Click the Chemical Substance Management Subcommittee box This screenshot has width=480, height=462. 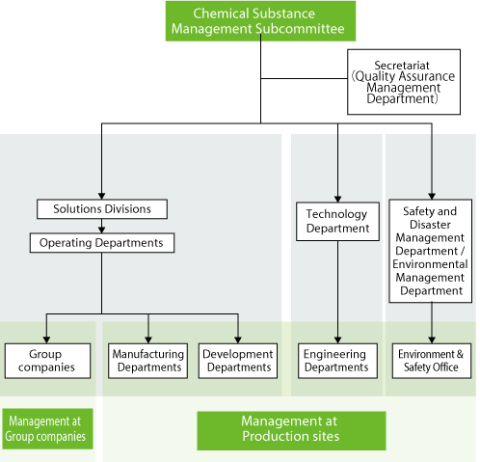[260, 21]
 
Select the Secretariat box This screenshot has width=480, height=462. [404, 82]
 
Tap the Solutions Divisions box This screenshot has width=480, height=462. [102, 209]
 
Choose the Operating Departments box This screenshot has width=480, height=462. [102, 243]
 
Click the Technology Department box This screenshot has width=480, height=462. [337, 221]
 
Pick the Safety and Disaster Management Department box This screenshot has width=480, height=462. [431, 251]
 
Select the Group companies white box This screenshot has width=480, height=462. [47, 361]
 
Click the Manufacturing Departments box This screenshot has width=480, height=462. [148, 361]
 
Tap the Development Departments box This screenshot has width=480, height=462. [238, 361]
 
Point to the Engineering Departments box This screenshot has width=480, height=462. [337, 361]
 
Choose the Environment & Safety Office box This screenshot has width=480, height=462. [432, 361]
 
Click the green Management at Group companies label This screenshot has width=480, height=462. [47, 429]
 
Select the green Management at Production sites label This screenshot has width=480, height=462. [291, 430]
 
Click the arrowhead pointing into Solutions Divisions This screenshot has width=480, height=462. [102, 196]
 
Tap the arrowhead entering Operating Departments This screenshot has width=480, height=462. [102, 230]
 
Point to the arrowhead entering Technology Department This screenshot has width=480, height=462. [337, 199]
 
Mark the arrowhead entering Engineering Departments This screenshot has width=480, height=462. [337, 340]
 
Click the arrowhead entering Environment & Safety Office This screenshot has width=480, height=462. [432, 340]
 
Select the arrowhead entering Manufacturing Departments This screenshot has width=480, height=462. [148, 340]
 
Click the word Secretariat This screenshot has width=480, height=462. [402, 66]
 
